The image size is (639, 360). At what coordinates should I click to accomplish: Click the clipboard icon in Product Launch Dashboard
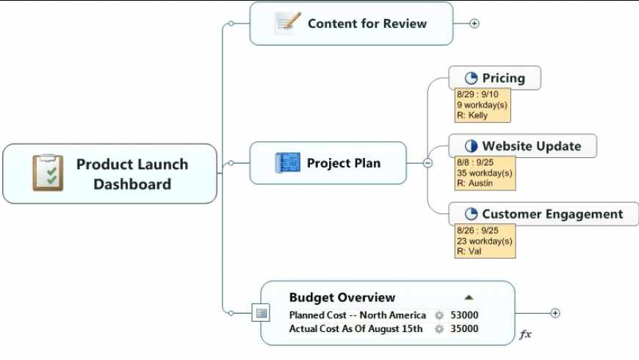(48, 173)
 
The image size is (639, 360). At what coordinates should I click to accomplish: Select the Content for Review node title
(367, 24)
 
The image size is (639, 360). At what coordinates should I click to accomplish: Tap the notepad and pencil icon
(288, 24)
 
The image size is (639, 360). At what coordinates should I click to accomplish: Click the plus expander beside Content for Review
(474, 24)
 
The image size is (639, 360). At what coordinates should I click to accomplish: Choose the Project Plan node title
(344, 163)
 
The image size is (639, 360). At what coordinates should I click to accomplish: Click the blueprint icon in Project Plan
(287, 163)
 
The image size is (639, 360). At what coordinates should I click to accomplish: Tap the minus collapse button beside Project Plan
(428, 163)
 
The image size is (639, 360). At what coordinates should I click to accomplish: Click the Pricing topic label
(503, 78)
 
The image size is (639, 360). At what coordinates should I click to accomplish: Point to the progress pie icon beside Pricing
(472, 78)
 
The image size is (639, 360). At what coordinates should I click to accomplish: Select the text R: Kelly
(472, 115)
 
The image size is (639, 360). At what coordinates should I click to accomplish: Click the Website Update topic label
(531, 146)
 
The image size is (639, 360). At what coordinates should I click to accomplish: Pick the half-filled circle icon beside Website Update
(472, 146)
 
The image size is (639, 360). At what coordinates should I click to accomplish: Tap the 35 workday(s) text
(484, 173)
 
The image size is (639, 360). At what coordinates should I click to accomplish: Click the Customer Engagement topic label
(552, 215)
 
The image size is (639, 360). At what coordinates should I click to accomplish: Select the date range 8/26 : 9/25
(477, 231)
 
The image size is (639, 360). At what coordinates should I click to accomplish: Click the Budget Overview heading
(342, 298)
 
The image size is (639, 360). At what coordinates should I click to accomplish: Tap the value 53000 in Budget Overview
(464, 315)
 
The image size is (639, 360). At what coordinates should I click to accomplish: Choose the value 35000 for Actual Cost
(464, 329)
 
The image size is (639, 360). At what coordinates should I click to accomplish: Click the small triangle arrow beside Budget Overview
(469, 298)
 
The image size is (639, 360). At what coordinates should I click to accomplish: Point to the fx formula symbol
(525, 334)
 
